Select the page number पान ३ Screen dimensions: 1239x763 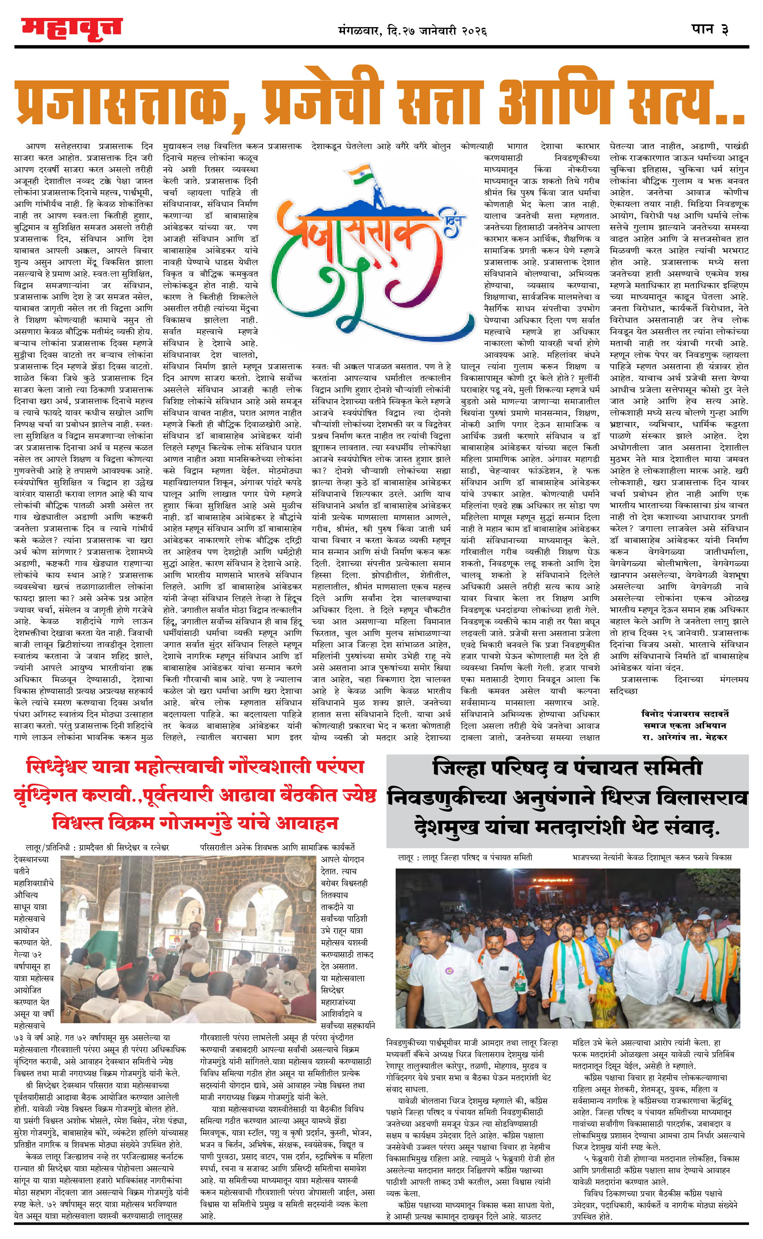[710, 29]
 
